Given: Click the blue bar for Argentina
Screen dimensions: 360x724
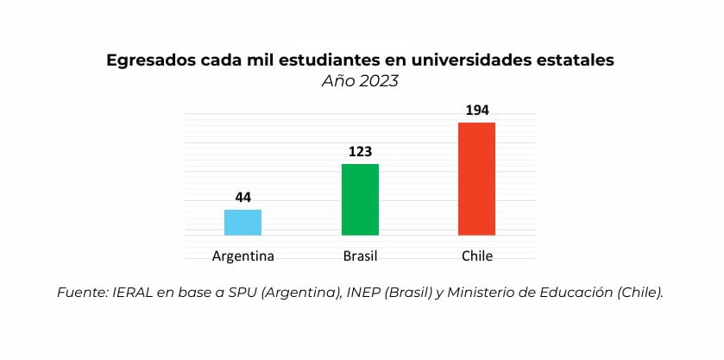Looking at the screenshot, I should pyautogui.click(x=242, y=222).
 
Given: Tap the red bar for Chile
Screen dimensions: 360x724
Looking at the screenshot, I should pyautogui.click(x=476, y=179).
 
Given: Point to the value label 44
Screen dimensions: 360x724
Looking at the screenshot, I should pyautogui.click(x=242, y=198).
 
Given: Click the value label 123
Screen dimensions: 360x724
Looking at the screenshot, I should pyautogui.click(x=360, y=152).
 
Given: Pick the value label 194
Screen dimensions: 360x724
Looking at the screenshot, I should pyautogui.click(x=476, y=111).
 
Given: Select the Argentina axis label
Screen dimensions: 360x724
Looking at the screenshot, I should pyautogui.click(x=242, y=256).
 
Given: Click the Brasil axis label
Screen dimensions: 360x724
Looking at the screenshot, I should pyautogui.click(x=360, y=256).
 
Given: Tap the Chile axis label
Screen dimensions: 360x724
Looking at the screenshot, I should pyautogui.click(x=476, y=256).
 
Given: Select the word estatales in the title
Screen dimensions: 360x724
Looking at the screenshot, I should pyautogui.click(x=577, y=60).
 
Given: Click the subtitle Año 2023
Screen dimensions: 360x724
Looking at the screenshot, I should pyautogui.click(x=362, y=82).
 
